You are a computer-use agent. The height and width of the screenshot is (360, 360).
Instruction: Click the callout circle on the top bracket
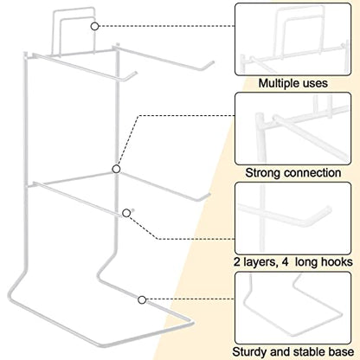(x=94, y=26)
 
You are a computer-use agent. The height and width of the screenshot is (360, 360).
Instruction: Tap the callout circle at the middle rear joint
(x=116, y=169)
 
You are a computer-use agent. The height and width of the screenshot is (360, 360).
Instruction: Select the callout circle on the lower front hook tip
(x=126, y=213)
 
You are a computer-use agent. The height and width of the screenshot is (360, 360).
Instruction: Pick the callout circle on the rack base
(x=142, y=300)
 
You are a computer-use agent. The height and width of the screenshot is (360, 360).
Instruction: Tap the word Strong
(x=263, y=173)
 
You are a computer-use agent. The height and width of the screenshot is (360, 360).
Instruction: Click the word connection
(x=312, y=173)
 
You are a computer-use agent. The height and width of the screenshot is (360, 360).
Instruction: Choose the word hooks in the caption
(x=338, y=262)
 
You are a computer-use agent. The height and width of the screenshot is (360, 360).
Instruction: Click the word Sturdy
(x=249, y=352)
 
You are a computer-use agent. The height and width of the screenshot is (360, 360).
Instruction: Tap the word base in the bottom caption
(x=342, y=352)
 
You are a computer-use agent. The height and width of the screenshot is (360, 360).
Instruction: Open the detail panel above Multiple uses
(x=293, y=40)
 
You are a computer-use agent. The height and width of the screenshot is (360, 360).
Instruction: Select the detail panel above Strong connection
(x=293, y=129)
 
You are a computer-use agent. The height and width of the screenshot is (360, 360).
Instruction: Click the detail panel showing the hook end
(x=293, y=218)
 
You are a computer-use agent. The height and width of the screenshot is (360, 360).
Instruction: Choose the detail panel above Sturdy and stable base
(x=293, y=308)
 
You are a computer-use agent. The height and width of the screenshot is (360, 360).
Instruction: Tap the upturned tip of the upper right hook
(x=212, y=62)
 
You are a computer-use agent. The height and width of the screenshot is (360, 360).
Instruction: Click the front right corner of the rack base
(x=191, y=323)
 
